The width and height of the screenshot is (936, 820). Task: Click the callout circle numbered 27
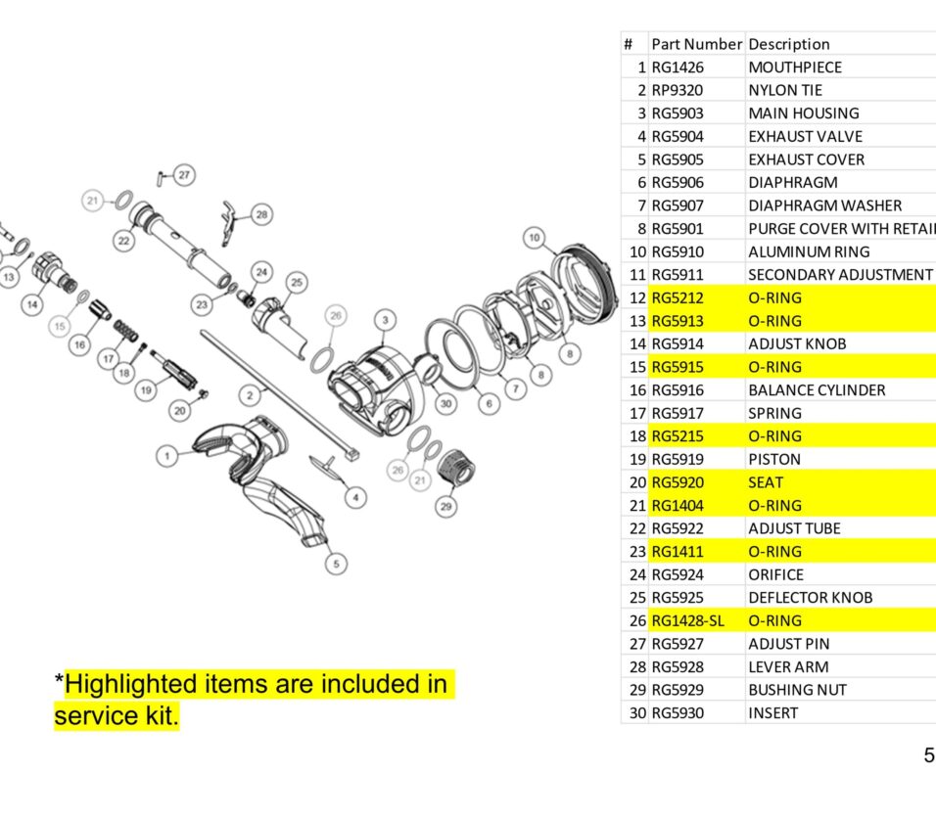(x=184, y=175)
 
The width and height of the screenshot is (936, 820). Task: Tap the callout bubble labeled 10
(x=534, y=237)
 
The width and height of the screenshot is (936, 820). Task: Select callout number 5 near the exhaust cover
(x=337, y=564)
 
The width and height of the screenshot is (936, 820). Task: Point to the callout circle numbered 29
(x=446, y=506)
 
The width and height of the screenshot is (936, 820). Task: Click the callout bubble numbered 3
(x=386, y=320)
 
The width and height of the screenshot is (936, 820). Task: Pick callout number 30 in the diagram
(x=445, y=403)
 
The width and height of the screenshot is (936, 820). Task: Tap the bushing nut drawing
(x=452, y=470)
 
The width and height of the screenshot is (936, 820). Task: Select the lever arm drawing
(x=230, y=212)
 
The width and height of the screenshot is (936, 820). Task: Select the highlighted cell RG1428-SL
(x=687, y=620)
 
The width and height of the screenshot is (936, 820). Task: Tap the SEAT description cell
(x=766, y=482)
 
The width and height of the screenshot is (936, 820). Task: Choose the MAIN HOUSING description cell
(x=803, y=114)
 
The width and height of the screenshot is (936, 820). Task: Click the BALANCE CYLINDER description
(x=817, y=390)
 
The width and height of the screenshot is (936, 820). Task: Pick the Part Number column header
(x=697, y=44)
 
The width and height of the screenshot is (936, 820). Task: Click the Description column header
(x=788, y=44)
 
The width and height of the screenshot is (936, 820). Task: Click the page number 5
(x=928, y=755)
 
